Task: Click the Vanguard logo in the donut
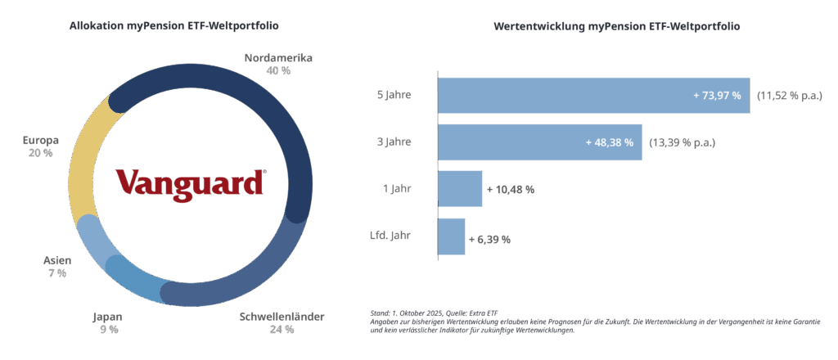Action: point(190,182)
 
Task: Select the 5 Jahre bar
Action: point(593,96)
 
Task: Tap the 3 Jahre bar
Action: point(539,142)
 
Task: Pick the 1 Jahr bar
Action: point(460,189)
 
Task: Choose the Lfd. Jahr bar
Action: point(452,236)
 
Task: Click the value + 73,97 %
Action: point(717,96)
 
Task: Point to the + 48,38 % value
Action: point(610,142)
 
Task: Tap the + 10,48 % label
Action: point(511,189)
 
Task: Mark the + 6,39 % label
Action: point(490,239)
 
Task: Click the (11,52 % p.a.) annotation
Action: point(789,96)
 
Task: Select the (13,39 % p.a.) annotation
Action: point(682,142)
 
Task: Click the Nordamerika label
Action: point(278,58)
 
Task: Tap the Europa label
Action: point(41,140)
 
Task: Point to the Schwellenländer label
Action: point(282,317)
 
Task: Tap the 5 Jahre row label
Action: point(394,96)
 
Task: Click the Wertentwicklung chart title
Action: point(617,26)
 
